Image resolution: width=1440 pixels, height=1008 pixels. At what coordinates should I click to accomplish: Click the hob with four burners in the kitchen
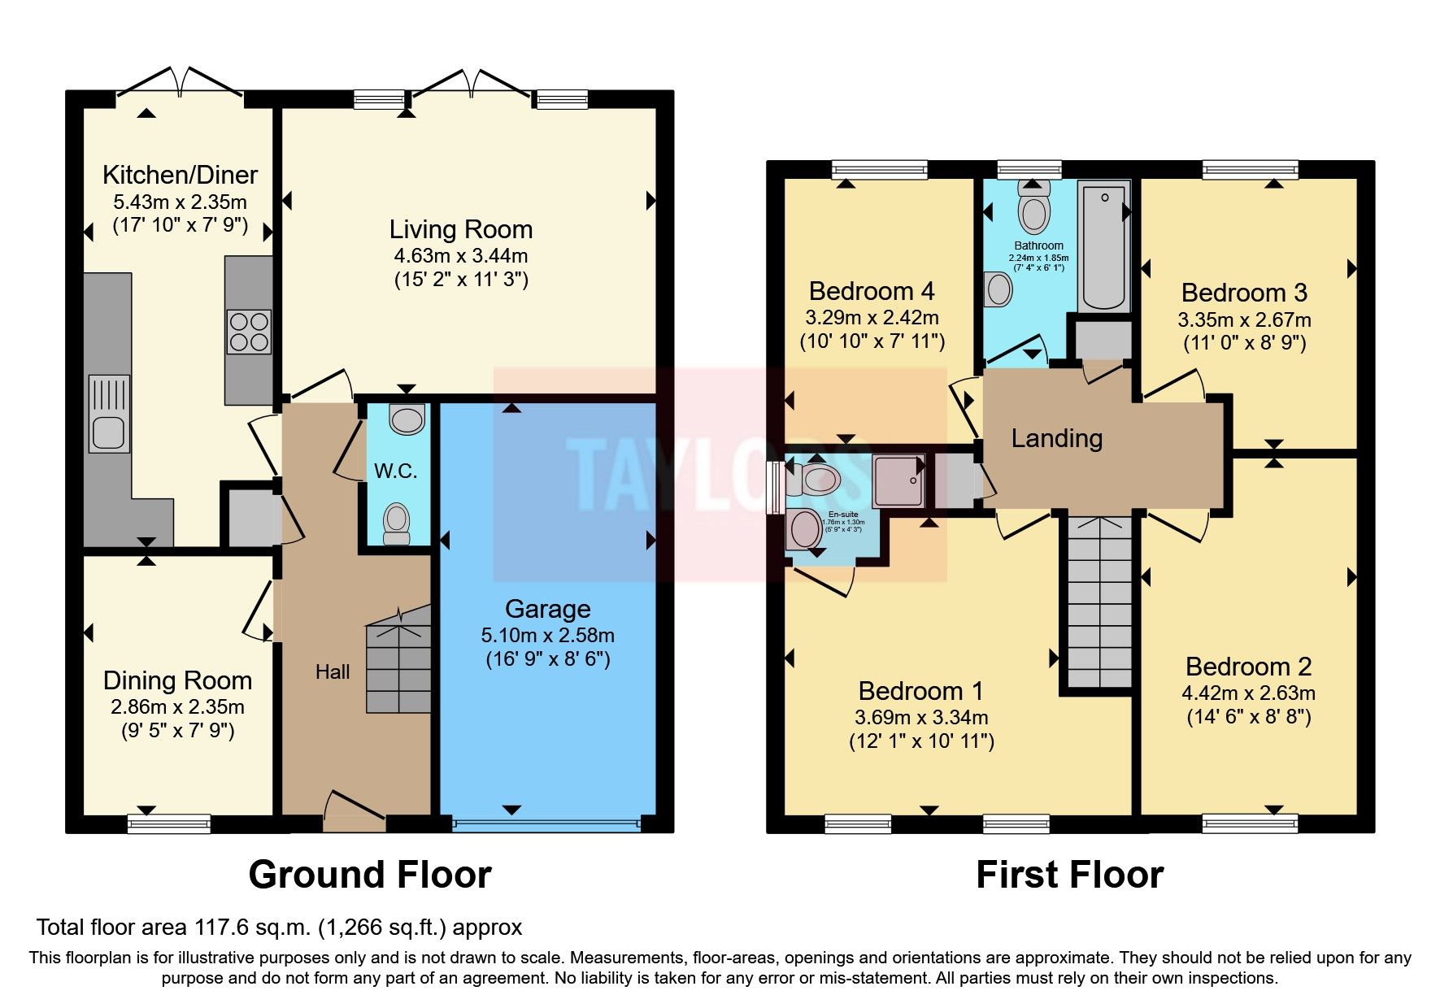pyautogui.click(x=250, y=332)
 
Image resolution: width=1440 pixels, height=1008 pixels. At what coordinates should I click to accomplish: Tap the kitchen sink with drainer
pyautogui.click(x=109, y=414)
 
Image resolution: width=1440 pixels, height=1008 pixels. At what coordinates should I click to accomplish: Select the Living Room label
pyautogui.click(x=460, y=229)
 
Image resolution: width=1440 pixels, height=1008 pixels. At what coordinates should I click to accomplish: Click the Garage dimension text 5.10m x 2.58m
pyautogui.click(x=547, y=635)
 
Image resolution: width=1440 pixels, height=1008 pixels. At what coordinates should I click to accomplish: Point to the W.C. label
pyautogui.click(x=396, y=471)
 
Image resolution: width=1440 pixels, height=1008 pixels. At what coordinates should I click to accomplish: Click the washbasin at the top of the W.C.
pyautogui.click(x=407, y=419)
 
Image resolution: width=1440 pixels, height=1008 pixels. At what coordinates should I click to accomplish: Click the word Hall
pyautogui.click(x=333, y=671)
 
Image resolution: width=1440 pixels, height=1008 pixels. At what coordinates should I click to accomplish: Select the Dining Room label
pyautogui.click(x=177, y=680)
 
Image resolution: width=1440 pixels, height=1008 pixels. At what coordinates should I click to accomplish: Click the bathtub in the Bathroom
pyautogui.click(x=1103, y=245)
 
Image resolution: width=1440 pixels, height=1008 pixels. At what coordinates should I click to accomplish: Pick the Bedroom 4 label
pyautogui.click(x=872, y=291)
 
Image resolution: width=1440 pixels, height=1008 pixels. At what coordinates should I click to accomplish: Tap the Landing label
pyautogui.click(x=1056, y=439)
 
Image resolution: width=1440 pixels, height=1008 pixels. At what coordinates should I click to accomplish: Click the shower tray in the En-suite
pyautogui.click(x=898, y=481)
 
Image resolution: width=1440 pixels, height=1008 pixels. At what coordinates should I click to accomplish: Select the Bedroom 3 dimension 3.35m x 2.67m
pyautogui.click(x=1244, y=319)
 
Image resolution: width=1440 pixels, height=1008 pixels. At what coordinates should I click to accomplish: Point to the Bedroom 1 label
pyautogui.click(x=920, y=691)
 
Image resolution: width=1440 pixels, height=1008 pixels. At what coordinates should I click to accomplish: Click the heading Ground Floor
pyautogui.click(x=370, y=875)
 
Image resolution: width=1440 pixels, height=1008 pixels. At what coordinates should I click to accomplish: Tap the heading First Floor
pyautogui.click(x=1069, y=875)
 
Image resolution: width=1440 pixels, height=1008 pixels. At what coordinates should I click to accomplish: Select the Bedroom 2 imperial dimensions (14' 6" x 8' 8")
pyautogui.click(x=1248, y=717)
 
